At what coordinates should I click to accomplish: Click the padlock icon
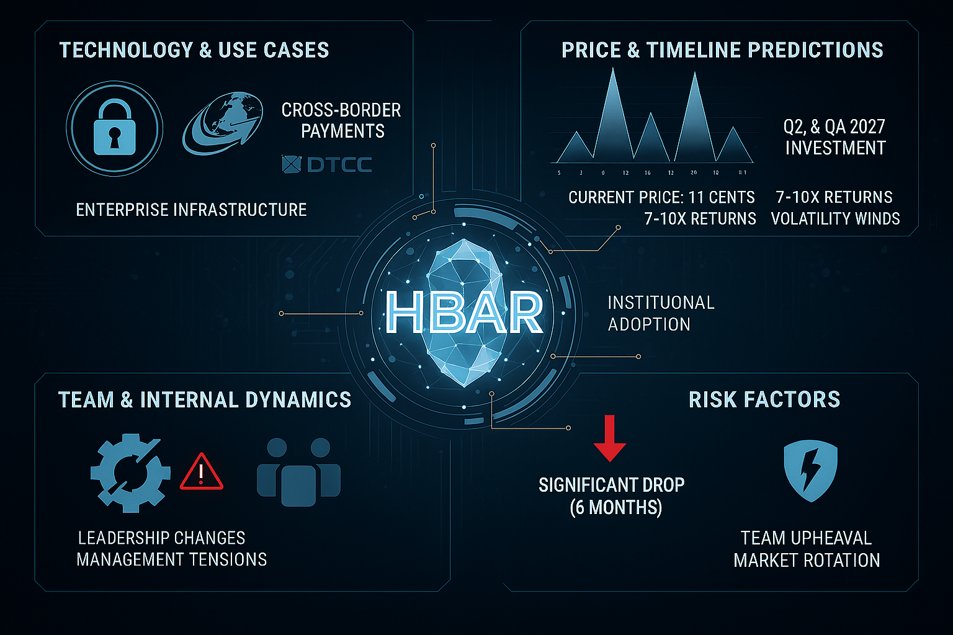point(114,128)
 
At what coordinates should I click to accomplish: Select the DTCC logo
point(326,164)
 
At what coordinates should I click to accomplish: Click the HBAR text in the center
point(464,313)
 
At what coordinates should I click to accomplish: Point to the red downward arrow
point(609,439)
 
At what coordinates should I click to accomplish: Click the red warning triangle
point(201,473)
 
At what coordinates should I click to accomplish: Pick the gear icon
point(130,473)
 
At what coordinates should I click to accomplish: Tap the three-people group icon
point(298,471)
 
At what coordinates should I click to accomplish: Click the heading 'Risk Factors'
point(764,400)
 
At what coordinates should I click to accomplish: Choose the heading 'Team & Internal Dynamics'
point(205,400)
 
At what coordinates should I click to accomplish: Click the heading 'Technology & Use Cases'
point(194,50)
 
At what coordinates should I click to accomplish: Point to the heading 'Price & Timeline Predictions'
point(722,50)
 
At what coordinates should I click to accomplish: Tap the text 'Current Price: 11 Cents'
point(661,198)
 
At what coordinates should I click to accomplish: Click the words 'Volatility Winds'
point(835,219)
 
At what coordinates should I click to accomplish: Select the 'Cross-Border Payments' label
point(341,120)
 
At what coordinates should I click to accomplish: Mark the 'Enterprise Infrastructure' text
point(191,210)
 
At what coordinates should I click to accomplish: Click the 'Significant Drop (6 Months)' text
point(612,496)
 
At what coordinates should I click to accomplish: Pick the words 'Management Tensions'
point(172,559)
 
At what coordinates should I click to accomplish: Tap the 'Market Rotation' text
point(807,561)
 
